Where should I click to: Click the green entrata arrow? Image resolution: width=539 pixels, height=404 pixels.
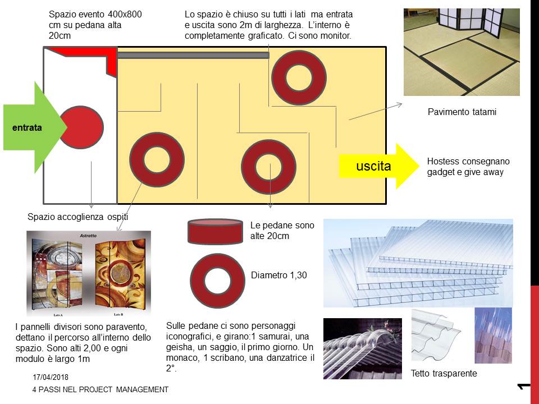click(x=33, y=127)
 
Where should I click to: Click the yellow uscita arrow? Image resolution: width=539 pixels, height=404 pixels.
click(x=378, y=166)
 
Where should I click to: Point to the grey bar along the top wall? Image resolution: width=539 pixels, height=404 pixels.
click(x=193, y=55)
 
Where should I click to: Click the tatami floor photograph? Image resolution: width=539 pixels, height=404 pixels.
click(x=462, y=52)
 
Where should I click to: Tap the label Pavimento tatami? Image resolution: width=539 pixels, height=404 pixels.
click(x=462, y=112)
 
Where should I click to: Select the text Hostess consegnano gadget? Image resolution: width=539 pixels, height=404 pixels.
click(x=468, y=167)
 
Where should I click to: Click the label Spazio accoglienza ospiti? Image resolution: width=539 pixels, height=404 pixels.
click(x=77, y=217)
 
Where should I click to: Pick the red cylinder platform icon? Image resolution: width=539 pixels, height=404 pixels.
click(x=216, y=232)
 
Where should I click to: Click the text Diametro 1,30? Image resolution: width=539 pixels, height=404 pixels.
click(x=279, y=275)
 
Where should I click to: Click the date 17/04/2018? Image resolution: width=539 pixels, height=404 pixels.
click(x=51, y=377)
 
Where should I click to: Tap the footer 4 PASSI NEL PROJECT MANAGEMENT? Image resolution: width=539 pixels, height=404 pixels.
click(x=101, y=389)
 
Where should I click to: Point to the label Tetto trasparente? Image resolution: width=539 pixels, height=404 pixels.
click(x=444, y=374)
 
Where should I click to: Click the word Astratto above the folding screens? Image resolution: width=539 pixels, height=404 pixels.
click(x=88, y=236)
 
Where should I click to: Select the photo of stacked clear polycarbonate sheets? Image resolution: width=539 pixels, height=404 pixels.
click(x=418, y=263)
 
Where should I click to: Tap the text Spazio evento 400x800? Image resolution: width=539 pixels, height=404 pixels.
click(x=95, y=15)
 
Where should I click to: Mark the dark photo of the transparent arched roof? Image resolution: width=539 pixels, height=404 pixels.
click(x=363, y=348)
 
